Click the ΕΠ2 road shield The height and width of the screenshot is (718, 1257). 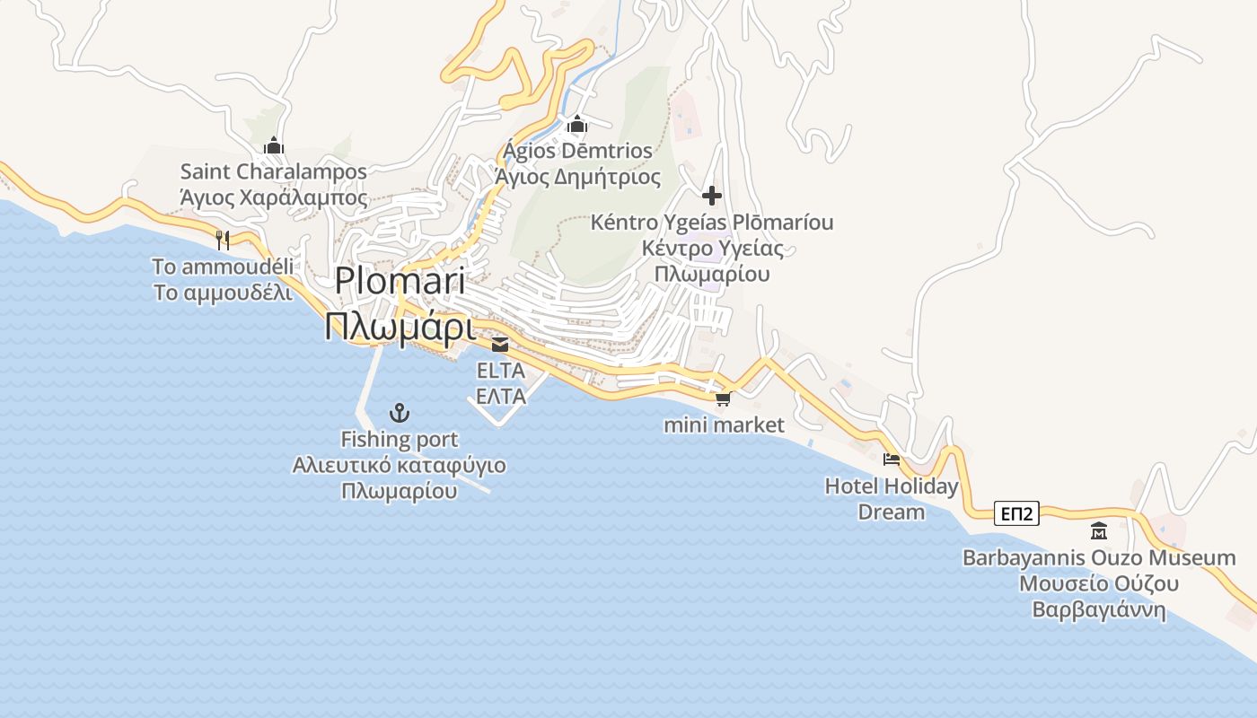point(1017,514)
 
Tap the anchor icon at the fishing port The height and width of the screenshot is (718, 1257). point(399,413)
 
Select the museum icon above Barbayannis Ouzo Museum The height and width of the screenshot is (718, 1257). point(1098,530)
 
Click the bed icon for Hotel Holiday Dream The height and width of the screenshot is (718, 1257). point(892,460)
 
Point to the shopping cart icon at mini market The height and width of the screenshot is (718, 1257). point(723,398)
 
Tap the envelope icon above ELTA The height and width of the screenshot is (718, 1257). point(499,344)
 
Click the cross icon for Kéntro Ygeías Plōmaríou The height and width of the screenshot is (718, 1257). point(712,196)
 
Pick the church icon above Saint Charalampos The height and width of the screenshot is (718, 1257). point(274,145)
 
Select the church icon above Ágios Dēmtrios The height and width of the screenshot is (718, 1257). point(576,124)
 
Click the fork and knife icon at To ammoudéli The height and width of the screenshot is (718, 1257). point(223,240)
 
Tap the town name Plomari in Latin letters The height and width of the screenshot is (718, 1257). point(400,281)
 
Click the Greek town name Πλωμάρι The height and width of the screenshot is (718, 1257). point(399,327)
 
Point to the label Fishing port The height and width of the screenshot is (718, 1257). point(399,440)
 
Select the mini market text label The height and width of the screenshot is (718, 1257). point(724,425)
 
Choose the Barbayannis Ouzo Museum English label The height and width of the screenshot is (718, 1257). point(1099,557)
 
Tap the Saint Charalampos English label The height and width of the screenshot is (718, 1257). point(274,171)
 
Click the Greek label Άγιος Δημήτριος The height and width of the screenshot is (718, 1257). point(578,177)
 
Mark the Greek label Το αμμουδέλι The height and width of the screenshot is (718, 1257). point(223,293)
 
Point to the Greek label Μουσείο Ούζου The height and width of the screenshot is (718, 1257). point(1099,584)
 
